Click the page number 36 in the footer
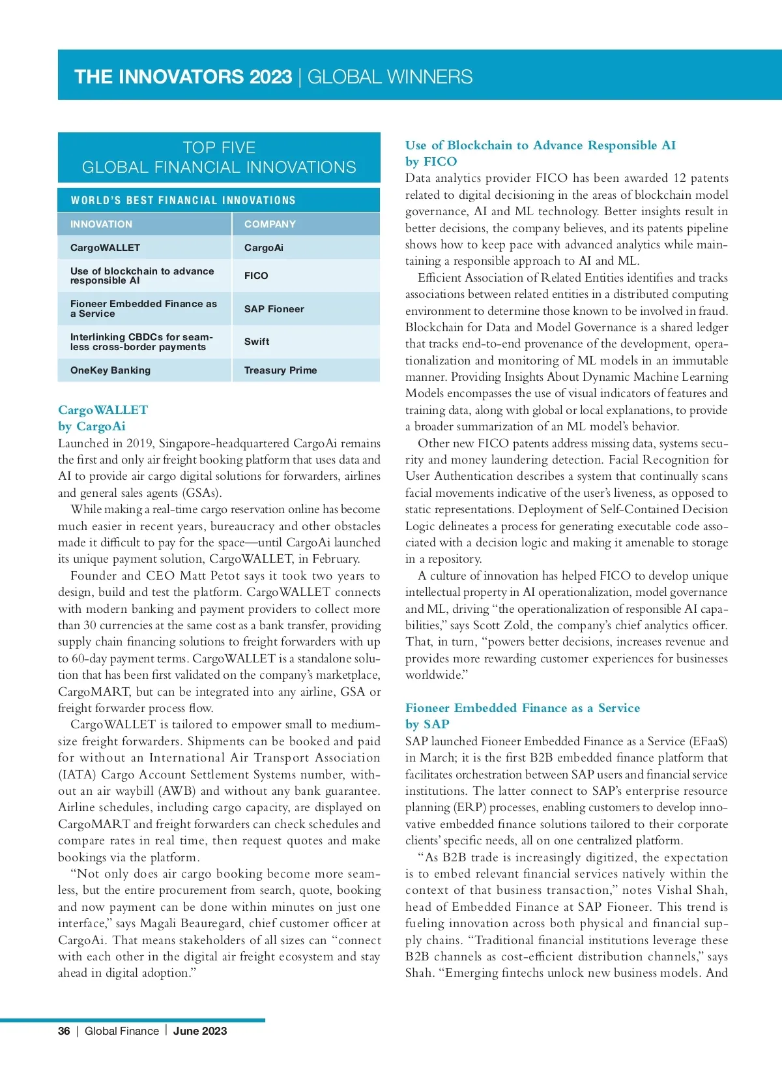64,1031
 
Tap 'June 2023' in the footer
200,1031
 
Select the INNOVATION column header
101,224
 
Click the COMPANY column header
270,224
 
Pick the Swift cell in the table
257,342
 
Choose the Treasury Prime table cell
280,370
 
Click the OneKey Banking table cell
110,370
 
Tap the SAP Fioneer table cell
274,309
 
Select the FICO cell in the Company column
256,276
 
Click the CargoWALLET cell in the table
105,248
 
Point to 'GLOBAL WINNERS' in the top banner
390,77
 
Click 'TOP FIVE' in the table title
219,148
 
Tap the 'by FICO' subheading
431,162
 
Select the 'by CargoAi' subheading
91,426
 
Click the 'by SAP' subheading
427,724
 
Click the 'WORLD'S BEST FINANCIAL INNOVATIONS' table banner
183,200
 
